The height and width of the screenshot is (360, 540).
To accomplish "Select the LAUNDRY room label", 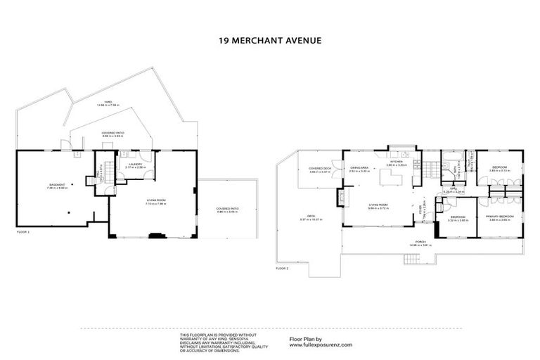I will point(135,165).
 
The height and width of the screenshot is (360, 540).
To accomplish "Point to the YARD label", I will point(108,102).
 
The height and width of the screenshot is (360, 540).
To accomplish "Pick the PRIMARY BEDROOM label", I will point(499,216).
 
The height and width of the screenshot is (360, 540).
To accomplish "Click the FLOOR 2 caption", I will point(282,269).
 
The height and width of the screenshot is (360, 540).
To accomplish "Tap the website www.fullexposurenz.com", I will point(321,345).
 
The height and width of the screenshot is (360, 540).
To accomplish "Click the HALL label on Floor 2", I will point(455,189).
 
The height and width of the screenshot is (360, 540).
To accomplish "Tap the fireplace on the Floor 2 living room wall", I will point(343,199).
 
